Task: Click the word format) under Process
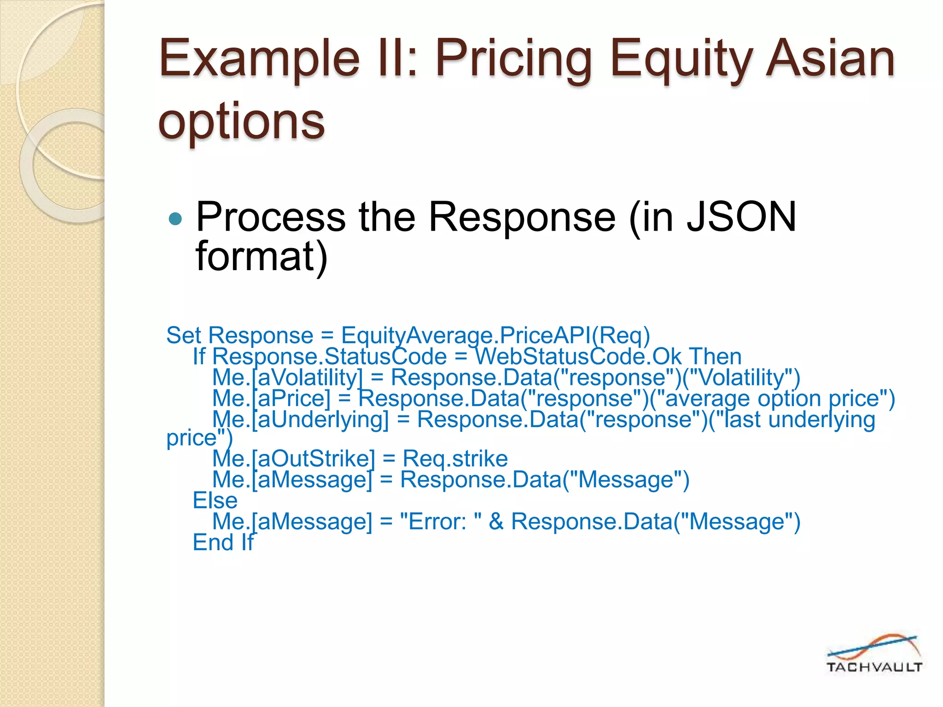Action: tap(262, 256)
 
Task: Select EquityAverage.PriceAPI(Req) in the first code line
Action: tap(495, 335)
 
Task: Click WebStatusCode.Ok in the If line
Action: tap(578, 357)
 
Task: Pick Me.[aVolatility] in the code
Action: tap(287, 378)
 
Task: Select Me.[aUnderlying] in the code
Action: tap(300, 420)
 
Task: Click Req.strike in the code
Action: tap(455, 459)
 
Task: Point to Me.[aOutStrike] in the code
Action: tap(294, 459)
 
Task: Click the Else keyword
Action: tap(215, 500)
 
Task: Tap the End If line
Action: tap(223, 542)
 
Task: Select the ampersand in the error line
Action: tap(496, 522)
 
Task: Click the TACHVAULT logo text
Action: tap(874, 667)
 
